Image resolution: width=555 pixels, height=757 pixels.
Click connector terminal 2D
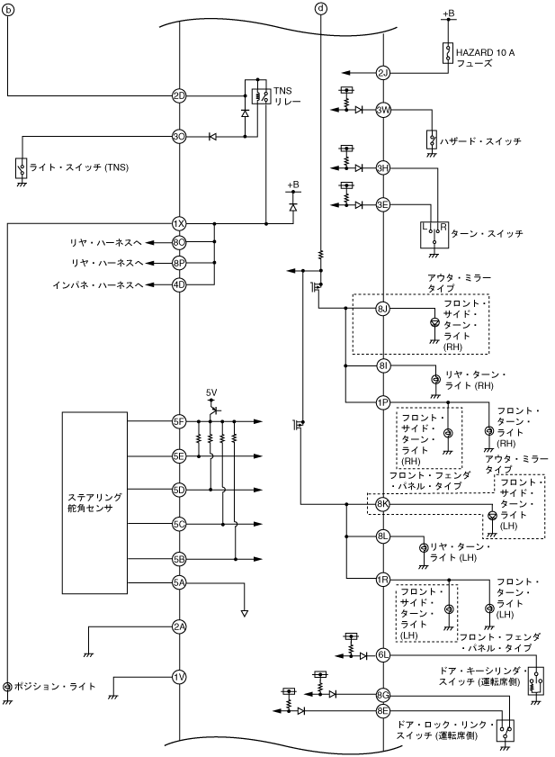[x=179, y=95]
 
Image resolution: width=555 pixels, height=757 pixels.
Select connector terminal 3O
[x=179, y=137]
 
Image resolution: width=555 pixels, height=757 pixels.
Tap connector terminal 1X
[x=179, y=223]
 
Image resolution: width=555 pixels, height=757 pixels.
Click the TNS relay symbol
[x=260, y=96]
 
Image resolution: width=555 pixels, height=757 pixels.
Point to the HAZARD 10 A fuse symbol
[x=447, y=52]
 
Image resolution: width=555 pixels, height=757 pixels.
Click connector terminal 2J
[x=383, y=73]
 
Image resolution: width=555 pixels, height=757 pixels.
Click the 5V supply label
[x=211, y=393]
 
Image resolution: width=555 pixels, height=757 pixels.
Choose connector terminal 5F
[x=179, y=420]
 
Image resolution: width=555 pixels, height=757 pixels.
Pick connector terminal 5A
[x=179, y=582]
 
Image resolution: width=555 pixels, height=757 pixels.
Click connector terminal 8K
[x=383, y=504]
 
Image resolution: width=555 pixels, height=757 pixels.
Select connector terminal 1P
[x=383, y=401]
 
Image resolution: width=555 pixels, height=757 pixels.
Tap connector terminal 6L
[x=383, y=655]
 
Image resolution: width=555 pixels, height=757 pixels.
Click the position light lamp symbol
[x=8, y=687]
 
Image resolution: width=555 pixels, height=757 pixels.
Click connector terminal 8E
[x=383, y=711]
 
